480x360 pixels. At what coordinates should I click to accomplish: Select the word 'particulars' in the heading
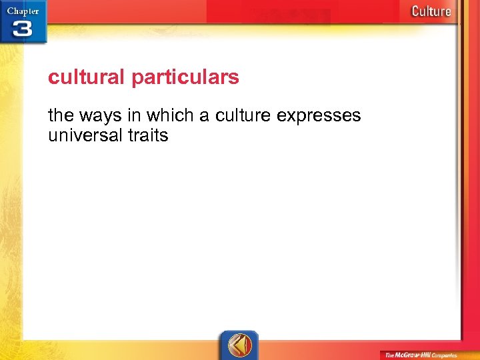tap(185, 78)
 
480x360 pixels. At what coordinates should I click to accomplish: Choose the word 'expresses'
tap(319, 116)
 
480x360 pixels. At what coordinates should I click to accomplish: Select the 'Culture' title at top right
tap(431, 11)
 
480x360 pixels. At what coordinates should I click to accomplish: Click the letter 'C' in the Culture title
tap(416, 11)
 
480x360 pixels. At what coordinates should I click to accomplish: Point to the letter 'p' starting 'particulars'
tap(136, 79)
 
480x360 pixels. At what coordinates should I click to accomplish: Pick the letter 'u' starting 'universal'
tap(53, 136)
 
